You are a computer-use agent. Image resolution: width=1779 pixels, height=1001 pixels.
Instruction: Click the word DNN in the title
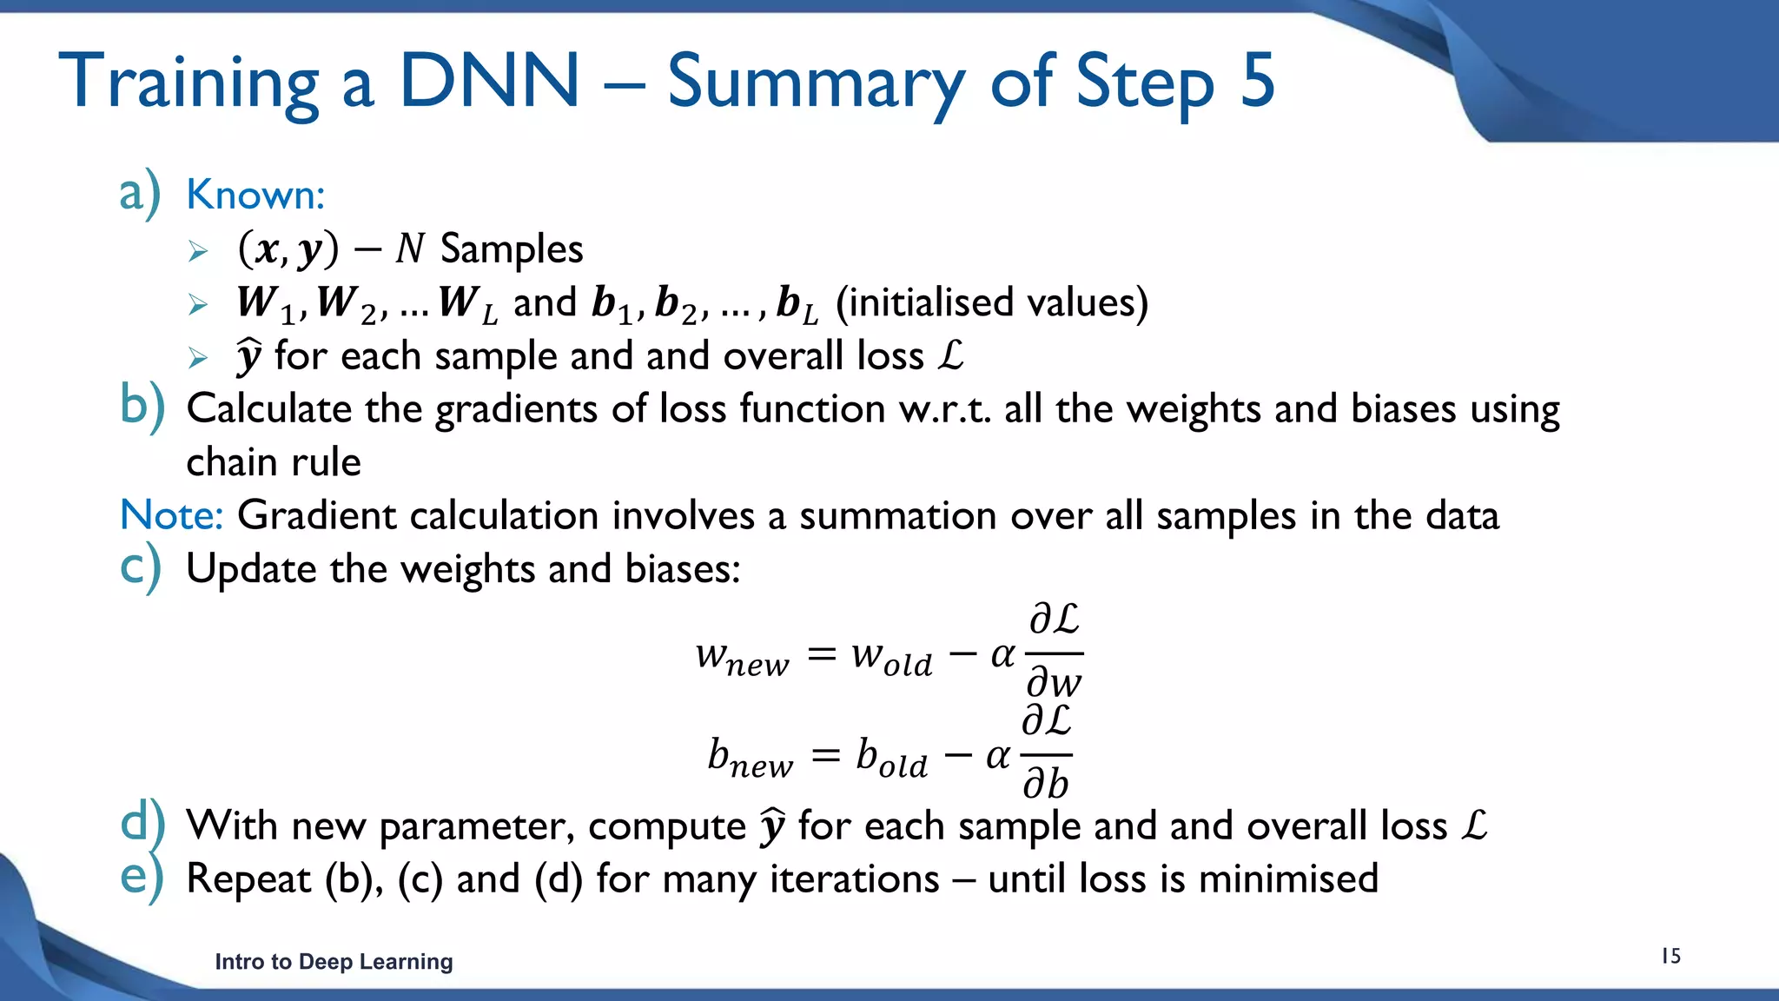(x=489, y=81)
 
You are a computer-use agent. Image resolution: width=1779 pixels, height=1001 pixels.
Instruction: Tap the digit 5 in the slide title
(x=1257, y=81)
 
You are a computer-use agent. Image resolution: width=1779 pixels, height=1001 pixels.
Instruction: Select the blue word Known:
(x=255, y=195)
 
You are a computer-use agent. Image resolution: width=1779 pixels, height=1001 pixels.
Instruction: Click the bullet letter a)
(x=139, y=193)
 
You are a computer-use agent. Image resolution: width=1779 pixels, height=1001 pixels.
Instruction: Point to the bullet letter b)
(x=142, y=406)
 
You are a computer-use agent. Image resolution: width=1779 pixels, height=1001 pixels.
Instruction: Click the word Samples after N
(x=512, y=249)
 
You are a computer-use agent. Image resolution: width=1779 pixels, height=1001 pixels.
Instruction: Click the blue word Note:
(x=171, y=515)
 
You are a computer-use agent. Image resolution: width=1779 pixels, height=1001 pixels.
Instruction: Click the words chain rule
(x=274, y=462)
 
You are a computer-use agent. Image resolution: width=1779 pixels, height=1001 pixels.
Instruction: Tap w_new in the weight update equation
(x=743, y=658)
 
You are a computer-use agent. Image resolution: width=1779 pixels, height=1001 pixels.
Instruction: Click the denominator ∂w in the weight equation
(x=1054, y=682)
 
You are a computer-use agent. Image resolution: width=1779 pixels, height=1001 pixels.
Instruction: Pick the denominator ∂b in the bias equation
(x=1045, y=784)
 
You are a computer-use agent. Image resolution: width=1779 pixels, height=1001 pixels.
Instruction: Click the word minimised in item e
(x=1288, y=878)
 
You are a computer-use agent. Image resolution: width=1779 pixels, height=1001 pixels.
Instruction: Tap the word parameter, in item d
(x=477, y=825)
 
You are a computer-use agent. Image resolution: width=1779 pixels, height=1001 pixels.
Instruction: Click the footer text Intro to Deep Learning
(x=334, y=961)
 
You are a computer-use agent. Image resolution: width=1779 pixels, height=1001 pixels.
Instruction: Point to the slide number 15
(x=1670, y=956)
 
